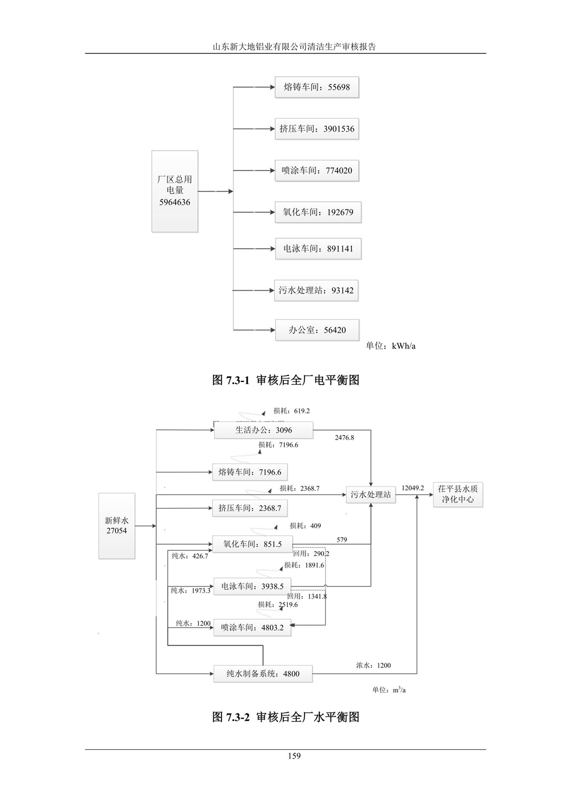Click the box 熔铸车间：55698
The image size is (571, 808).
[316, 87]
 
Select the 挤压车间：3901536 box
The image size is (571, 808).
[316, 129]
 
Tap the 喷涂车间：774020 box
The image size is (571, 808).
[316, 170]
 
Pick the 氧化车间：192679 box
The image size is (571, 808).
[318, 212]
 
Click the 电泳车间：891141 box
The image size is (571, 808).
[318, 249]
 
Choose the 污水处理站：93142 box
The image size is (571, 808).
[316, 290]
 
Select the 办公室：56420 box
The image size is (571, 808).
[317, 330]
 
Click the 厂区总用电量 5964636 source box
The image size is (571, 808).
[175, 191]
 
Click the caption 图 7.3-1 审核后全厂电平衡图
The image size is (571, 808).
[285, 380]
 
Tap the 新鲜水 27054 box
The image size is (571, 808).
[116, 526]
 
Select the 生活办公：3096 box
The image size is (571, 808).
[263, 430]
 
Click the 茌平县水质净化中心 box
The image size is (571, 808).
[457, 494]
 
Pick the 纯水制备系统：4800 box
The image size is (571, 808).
[263, 674]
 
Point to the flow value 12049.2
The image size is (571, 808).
[413, 488]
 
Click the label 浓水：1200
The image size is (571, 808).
[373, 665]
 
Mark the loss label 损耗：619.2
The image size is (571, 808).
[291, 411]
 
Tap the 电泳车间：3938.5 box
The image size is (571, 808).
[252, 586]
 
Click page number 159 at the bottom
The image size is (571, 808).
[294, 756]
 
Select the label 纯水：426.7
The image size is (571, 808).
[190, 556]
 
